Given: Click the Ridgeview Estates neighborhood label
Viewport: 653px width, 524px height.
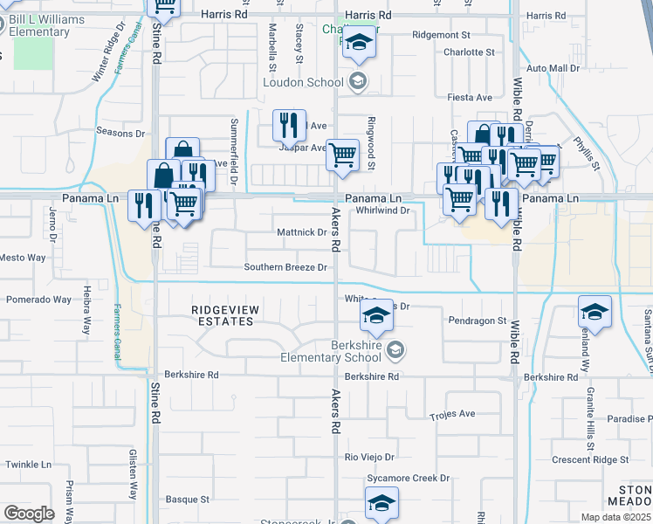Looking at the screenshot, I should (x=222, y=315).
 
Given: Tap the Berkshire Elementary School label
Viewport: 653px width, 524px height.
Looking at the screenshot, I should (x=331, y=351).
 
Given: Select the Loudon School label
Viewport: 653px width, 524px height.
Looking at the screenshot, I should (x=305, y=83).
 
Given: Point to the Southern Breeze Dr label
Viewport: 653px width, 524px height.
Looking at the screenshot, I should (x=285, y=267).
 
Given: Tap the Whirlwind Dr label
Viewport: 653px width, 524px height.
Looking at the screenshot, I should (x=382, y=210).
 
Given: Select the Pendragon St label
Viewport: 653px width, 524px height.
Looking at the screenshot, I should (x=478, y=321).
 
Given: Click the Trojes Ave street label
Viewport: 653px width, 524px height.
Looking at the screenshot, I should (x=452, y=414).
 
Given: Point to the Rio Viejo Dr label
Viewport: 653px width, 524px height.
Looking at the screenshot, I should (x=370, y=457).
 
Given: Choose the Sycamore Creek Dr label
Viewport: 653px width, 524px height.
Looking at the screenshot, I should (x=408, y=479).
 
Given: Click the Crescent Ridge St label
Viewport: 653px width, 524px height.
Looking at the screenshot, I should (x=590, y=459).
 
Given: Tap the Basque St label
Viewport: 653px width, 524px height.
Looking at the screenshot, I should (x=193, y=500).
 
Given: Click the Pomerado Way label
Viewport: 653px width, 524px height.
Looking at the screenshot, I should (x=38, y=300).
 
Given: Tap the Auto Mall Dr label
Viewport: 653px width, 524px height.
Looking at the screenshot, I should (x=553, y=68).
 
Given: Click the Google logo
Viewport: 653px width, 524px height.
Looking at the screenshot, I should (x=29, y=514).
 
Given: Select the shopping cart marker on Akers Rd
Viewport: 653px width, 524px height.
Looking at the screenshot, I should (x=343, y=155).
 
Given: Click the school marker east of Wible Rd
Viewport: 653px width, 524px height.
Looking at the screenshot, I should (x=595, y=313).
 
